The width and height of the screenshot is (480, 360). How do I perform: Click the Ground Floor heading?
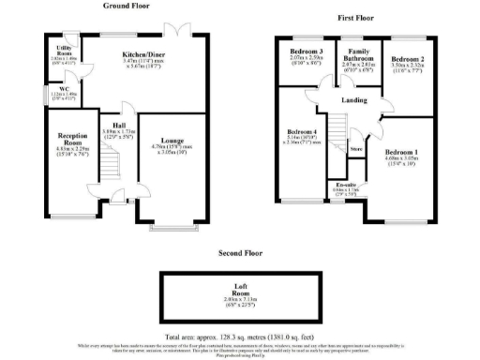click(x=130, y=6)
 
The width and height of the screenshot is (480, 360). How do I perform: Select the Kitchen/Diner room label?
click(x=143, y=55)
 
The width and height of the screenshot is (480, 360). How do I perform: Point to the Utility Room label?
click(x=65, y=49)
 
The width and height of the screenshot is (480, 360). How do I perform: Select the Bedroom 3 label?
click(x=307, y=52)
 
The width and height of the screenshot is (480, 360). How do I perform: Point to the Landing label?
click(x=354, y=100)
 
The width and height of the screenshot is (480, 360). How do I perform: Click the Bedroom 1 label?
click(x=401, y=152)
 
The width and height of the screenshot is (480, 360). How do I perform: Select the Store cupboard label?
click(x=355, y=148)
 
